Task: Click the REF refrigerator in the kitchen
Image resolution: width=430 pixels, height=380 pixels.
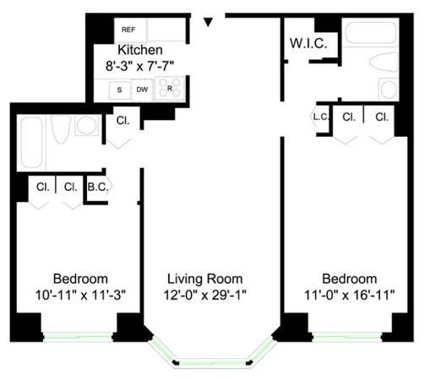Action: pos(128,29)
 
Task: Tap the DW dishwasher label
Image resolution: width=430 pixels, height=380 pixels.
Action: pos(142,89)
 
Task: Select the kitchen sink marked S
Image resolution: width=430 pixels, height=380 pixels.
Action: pos(120,89)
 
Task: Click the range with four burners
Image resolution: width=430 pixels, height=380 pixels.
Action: pos(170,89)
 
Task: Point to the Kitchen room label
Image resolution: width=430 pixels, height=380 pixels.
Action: pos(139,50)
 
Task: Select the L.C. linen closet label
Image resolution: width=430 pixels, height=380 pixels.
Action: pos(320,117)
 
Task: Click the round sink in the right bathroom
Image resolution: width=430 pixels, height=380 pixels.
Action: pos(389,89)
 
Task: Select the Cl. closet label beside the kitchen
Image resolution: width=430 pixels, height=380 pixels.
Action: pos(122,121)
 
